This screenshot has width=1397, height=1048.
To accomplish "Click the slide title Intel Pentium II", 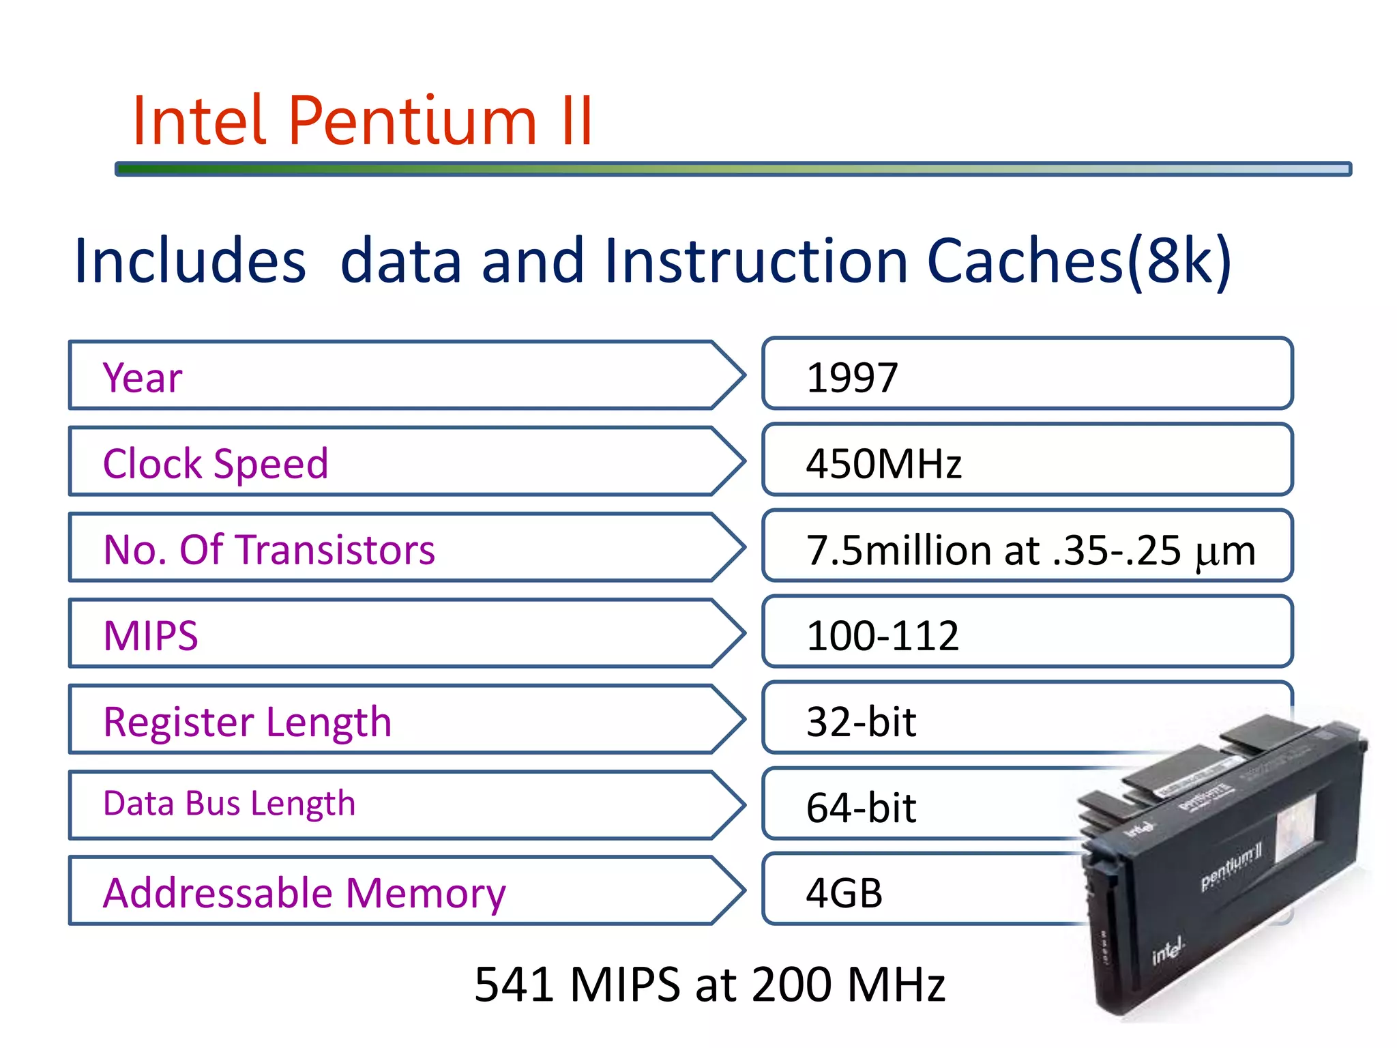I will pos(362,121).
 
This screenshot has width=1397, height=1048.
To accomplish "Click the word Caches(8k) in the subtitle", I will pos(1078,261).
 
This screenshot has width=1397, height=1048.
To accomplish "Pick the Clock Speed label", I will pos(216,464).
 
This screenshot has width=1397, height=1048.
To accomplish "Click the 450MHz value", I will pos(883,464).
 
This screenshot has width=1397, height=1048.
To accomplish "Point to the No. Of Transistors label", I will pos(269,550).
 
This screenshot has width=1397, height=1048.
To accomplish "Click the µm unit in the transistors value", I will pos(1225,551).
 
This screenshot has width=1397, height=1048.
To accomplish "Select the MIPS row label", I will pos(151,636).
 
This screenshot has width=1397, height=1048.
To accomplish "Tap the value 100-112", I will pos(883,636).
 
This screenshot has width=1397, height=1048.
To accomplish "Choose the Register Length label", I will pos(247,722).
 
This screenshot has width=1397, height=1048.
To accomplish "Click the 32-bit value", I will pos(861,722).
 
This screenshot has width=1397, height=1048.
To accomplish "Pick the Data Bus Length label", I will pos(229,804).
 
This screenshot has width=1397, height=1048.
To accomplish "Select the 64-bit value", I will pos(861,808).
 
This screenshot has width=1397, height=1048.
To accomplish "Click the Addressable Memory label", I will pos(304,893).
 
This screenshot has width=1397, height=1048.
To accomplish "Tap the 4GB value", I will pos(844,893).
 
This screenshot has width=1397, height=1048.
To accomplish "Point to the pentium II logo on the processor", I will pos(1231,868).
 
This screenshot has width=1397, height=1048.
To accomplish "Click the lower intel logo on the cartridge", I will pos(1168,950).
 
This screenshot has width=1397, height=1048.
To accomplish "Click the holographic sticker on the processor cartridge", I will pos(1294,828).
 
